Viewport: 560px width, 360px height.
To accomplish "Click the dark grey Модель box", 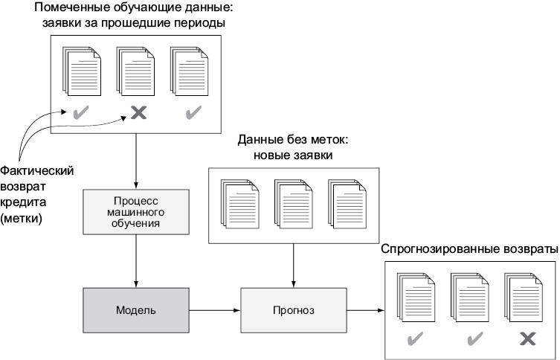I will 135,308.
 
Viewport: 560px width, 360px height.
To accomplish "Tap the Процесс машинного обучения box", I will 135,211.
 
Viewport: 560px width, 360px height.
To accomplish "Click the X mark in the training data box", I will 138,113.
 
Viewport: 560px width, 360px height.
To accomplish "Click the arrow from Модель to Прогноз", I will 213,308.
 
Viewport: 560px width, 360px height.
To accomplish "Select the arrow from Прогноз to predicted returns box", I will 360,308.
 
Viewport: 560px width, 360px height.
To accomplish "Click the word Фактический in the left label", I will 37,170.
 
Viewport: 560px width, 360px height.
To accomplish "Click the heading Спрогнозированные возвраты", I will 469,249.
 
